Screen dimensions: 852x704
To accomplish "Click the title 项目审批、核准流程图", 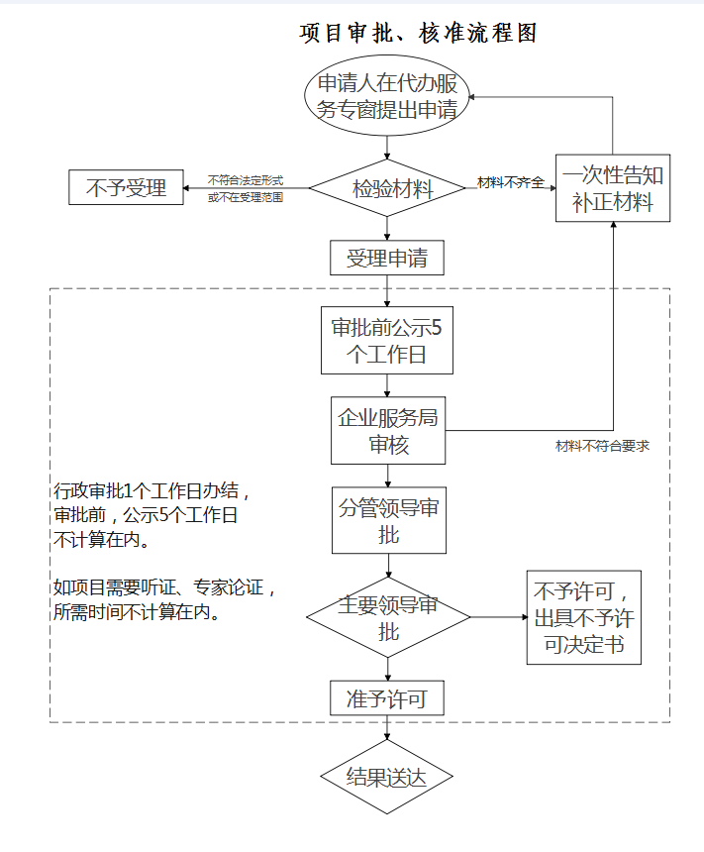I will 419,33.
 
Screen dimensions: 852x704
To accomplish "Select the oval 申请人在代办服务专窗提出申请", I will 387,97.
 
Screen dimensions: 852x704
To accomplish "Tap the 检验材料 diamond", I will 387,188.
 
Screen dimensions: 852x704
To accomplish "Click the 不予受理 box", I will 126,187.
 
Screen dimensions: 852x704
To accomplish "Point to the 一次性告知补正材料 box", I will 613,189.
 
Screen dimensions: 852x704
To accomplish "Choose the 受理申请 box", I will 387,259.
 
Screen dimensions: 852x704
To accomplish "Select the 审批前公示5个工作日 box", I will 387,341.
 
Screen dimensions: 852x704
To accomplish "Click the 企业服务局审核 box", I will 387,431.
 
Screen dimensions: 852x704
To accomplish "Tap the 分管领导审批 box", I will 387,520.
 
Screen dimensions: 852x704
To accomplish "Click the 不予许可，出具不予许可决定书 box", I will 584,617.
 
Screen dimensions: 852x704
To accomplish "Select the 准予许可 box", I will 387,698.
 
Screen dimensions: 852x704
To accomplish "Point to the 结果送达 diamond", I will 387,777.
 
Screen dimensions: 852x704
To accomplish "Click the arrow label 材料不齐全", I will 510,182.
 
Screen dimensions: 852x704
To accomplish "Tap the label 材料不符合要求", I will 601,447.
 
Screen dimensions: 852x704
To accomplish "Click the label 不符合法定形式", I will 245,180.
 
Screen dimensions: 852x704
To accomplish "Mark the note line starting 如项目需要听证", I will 164,587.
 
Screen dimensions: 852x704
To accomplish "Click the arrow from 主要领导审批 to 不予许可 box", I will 499,618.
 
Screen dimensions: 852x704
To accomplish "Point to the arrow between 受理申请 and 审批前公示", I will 387,292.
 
